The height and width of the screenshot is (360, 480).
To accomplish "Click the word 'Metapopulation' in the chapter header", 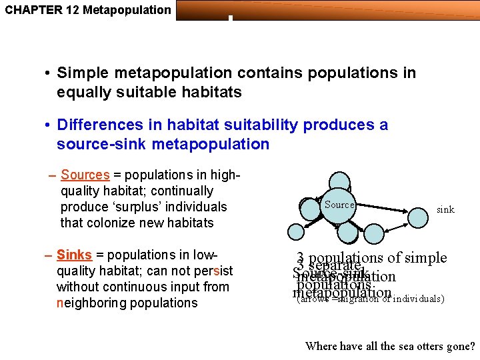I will coord(133,9).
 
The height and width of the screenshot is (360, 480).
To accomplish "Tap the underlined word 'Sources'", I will coord(85,175).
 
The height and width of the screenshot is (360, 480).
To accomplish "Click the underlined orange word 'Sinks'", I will coord(74,255).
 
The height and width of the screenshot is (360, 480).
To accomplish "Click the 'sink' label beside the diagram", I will coord(445,209).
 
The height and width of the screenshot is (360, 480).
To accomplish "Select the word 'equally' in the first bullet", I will coord(84,92).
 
